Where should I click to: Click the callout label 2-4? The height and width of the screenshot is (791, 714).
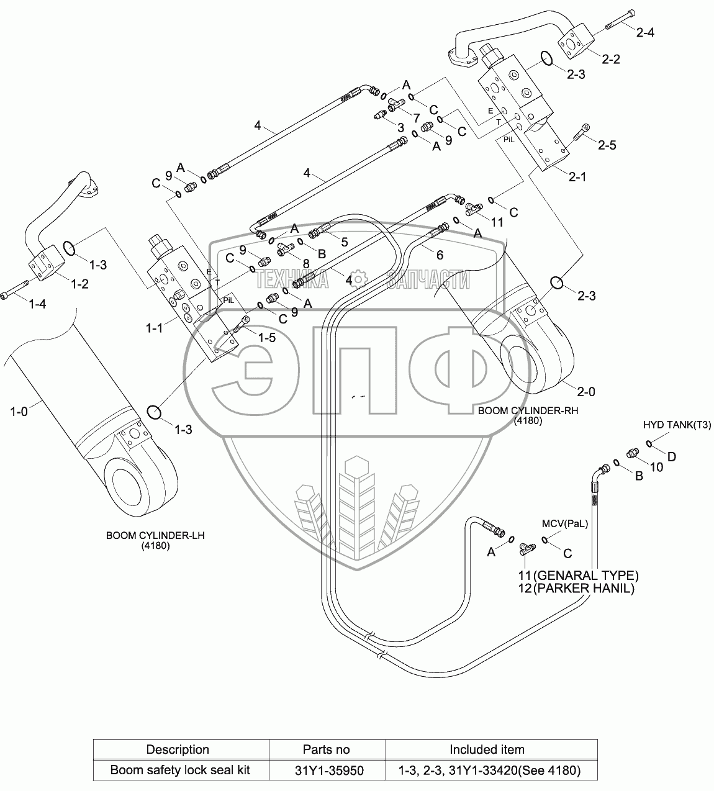(645, 32)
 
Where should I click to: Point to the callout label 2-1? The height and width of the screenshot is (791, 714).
(577, 176)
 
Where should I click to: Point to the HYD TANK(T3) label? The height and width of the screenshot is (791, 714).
(677, 425)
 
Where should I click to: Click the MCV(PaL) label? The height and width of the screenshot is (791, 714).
(564, 523)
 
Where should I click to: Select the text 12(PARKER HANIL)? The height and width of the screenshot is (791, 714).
(576, 589)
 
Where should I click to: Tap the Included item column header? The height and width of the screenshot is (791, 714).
(487, 749)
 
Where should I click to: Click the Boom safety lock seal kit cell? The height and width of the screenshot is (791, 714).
(180, 771)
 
